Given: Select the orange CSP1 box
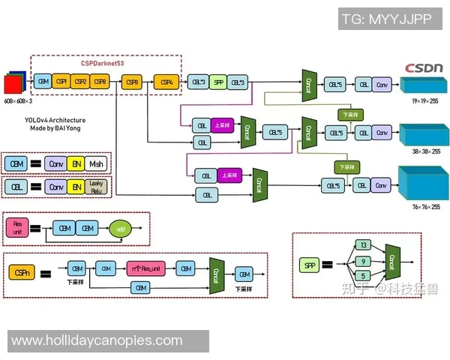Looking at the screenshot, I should click(x=61, y=81).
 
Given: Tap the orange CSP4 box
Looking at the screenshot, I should click(x=166, y=81).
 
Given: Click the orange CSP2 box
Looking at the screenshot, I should click(x=80, y=81).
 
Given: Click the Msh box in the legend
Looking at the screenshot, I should click(x=95, y=163).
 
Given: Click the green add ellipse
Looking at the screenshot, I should click(x=120, y=228).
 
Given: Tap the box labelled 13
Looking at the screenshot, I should click(x=363, y=245).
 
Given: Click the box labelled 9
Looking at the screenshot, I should click(x=363, y=262).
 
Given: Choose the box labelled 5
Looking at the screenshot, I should click(x=363, y=277).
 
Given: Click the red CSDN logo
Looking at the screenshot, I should click(x=424, y=67).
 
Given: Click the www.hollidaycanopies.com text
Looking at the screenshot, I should click(x=97, y=340).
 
